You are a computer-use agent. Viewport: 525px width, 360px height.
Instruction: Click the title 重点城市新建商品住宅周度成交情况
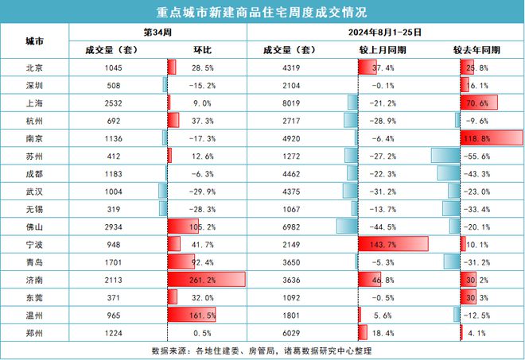click(x=262, y=12)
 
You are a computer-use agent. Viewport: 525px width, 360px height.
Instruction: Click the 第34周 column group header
click(x=157, y=33)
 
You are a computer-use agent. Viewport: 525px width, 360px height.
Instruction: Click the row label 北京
click(x=34, y=68)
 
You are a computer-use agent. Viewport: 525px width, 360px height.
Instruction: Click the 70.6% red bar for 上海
click(x=479, y=103)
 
